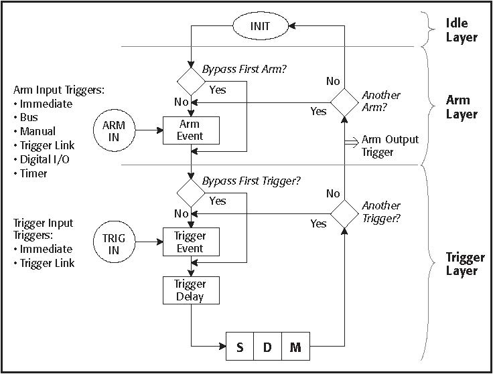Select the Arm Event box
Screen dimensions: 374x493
coord(192,129)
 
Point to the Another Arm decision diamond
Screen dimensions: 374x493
coord(345,103)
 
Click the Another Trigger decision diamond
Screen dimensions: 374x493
coord(345,213)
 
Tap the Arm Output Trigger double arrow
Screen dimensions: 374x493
coord(350,141)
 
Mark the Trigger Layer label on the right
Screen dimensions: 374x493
coord(462,264)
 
